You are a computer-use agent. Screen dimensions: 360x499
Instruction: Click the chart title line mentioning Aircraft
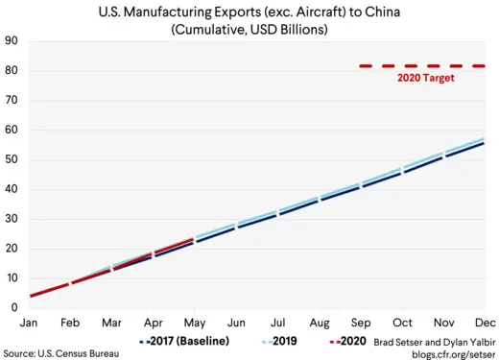(x=255, y=12)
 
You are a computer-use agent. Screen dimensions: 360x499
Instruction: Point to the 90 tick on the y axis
(x=12, y=41)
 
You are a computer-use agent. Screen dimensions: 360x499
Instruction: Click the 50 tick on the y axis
(x=12, y=159)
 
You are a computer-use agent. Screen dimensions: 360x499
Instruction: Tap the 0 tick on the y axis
(x=14, y=307)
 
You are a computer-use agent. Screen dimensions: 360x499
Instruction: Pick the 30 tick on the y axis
(x=12, y=219)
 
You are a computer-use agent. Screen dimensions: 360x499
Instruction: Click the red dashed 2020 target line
(x=422, y=66)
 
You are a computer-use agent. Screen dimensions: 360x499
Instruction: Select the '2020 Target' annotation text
(x=425, y=79)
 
